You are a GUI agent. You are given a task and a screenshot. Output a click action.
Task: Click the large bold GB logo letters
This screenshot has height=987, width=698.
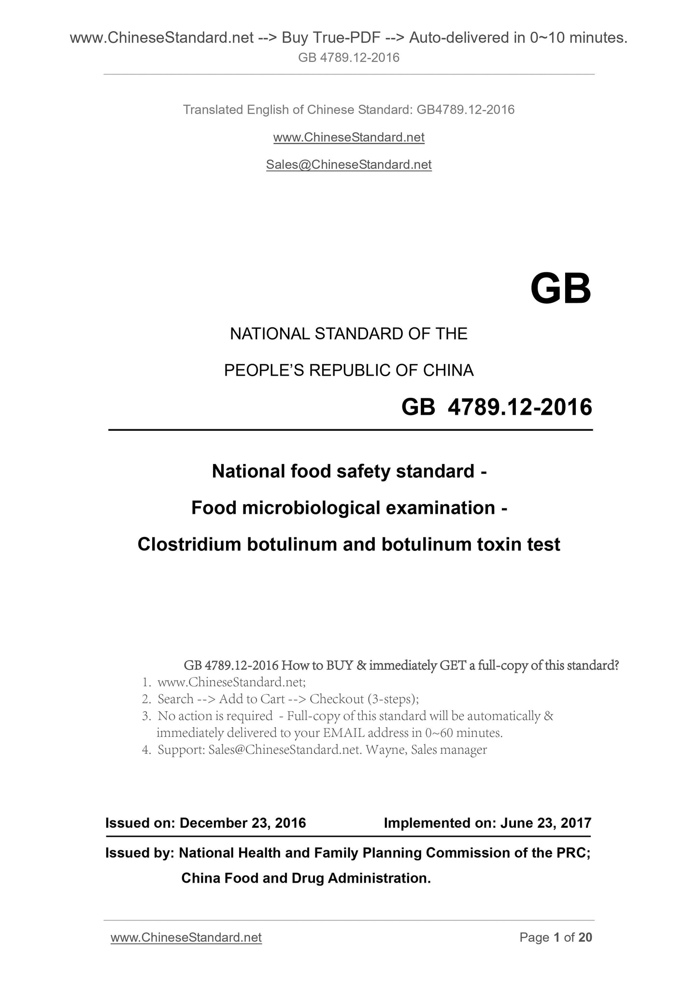tap(560, 289)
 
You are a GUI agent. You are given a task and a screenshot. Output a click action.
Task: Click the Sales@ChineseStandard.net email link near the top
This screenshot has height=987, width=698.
tap(349, 165)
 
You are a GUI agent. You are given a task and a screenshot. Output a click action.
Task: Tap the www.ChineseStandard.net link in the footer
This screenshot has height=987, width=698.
tap(186, 937)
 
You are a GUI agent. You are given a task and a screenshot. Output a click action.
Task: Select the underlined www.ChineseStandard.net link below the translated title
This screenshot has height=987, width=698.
tap(349, 138)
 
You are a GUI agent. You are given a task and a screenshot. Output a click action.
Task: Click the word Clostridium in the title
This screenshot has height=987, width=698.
tap(189, 544)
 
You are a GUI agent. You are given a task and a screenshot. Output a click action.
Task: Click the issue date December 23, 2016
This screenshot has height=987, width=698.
tap(242, 823)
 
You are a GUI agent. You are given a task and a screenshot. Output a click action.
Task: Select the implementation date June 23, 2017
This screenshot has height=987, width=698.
tap(546, 823)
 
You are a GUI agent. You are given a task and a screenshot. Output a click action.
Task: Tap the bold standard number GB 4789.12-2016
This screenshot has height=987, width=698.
tap(497, 407)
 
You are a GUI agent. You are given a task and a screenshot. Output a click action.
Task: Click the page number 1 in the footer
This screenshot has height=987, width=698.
tap(557, 937)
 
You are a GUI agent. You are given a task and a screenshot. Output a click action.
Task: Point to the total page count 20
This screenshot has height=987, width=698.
tap(585, 937)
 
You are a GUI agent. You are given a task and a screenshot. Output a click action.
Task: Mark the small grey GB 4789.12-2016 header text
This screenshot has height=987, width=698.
tap(349, 58)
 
